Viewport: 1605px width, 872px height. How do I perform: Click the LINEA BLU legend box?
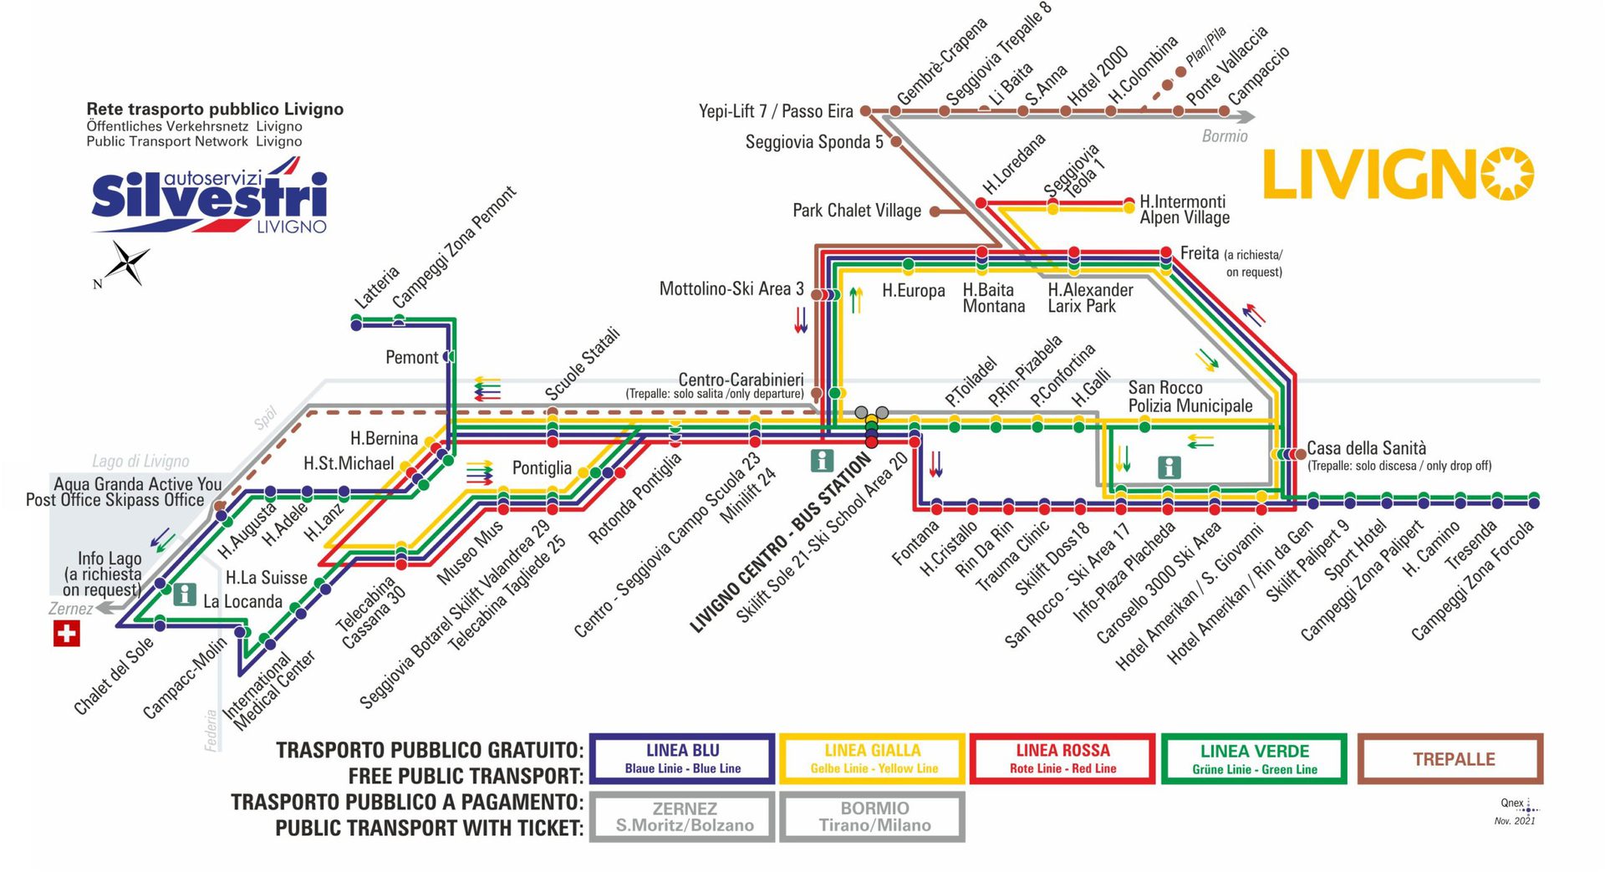point(682,758)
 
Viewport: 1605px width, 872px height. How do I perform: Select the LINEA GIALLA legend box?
point(872,758)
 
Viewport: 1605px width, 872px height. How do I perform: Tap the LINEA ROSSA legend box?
point(1062,758)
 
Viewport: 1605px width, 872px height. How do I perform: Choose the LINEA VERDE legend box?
point(1254,758)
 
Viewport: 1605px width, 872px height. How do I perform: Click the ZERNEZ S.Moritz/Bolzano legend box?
point(684,817)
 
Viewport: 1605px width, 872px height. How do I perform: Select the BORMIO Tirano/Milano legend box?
point(874,817)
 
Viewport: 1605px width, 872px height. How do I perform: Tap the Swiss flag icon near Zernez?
point(66,633)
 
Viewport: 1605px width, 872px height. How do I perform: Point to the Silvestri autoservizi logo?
point(209,201)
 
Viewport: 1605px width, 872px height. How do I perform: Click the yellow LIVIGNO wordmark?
point(1397,175)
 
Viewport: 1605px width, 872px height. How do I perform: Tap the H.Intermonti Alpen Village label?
point(1184,209)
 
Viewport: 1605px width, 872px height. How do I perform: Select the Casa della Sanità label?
point(1366,448)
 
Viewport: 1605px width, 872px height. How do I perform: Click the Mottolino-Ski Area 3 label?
point(731,289)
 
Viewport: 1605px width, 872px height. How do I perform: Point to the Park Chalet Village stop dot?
point(935,212)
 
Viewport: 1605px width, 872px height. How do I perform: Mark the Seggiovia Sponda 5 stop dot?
point(895,142)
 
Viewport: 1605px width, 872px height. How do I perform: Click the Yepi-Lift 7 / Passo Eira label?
point(775,111)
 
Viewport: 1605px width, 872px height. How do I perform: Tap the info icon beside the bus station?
point(823,460)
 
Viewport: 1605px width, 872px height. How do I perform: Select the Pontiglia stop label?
point(542,468)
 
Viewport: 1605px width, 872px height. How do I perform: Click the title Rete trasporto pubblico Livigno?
point(215,109)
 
